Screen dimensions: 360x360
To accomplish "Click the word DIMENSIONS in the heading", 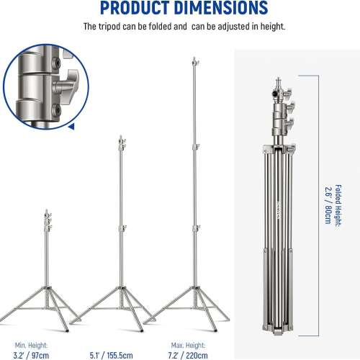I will pos(214,9).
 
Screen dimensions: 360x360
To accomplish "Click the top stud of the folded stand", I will pos(278,76).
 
